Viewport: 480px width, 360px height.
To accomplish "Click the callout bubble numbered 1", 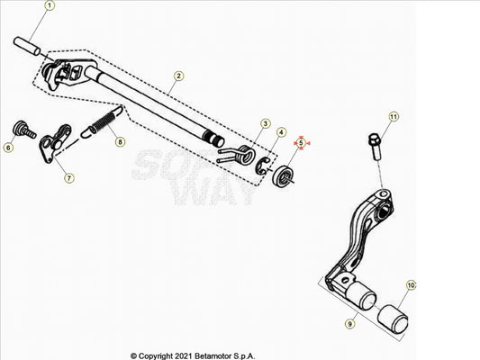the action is [50, 5].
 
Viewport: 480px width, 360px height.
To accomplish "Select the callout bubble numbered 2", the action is [179, 76].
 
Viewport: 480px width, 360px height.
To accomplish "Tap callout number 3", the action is [266, 123].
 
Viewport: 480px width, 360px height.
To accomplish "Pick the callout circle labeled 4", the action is [281, 132].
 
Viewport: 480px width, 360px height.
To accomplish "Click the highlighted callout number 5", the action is [301, 143].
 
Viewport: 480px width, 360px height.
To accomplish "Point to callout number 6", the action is [8, 148].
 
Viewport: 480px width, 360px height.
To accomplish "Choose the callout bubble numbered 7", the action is [69, 177].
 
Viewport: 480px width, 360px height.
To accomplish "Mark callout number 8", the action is [120, 142].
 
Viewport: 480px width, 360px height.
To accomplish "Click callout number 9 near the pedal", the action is [350, 324].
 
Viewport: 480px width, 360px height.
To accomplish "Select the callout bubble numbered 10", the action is [411, 285].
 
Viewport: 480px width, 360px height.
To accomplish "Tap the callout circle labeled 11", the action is [394, 116].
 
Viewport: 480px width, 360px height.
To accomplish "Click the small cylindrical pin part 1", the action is [27, 46].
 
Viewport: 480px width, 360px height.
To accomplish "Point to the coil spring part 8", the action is [103, 121].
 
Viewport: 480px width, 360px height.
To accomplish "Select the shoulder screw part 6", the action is [24, 130].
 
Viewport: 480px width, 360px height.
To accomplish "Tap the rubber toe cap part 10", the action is [393, 319].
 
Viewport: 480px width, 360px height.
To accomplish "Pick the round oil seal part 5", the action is [284, 177].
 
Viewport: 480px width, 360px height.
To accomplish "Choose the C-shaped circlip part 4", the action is [261, 166].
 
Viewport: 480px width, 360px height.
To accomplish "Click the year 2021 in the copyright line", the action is [184, 356].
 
